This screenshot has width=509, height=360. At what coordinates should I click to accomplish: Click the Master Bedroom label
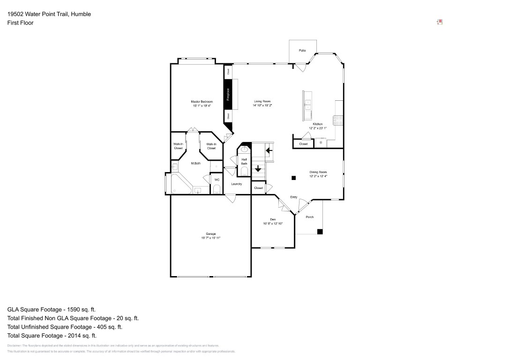pyautogui.click(x=202, y=102)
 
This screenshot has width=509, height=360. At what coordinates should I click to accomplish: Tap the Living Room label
pyautogui.click(x=262, y=102)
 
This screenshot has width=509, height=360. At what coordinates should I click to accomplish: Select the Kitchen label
pyautogui.click(x=317, y=124)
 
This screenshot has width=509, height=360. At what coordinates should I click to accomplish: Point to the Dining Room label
pyautogui.click(x=318, y=172)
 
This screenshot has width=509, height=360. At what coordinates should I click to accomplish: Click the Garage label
pyautogui.click(x=210, y=234)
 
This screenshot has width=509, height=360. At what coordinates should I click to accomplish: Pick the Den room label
pyautogui.click(x=273, y=219)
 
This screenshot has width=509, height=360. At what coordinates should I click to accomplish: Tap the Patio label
pyautogui.click(x=302, y=50)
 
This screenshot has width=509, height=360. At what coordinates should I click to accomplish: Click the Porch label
pyautogui.click(x=310, y=217)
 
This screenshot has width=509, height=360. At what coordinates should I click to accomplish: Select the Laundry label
pyautogui.click(x=237, y=184)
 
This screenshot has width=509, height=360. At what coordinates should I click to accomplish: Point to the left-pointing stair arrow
pyautogui.click(x=269, y=150)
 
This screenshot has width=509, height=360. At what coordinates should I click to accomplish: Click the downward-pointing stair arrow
pyautogui.click(x=257, y=168)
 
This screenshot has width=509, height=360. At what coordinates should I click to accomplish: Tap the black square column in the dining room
pyautogui.click(x=293, y=178)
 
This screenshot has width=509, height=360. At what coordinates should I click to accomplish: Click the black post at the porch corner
pyautogui.click(x=320, y=231)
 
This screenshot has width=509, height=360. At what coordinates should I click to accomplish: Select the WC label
pyautogui.click(x=217, y=180)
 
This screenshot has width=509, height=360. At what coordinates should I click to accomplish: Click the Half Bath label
pyautogui.click(x=244, y=161)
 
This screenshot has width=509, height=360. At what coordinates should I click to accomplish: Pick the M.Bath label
pyautogui.click(x=196, y=163)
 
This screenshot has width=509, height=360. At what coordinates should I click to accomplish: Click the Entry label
pyautogui.click(x=294, y=197)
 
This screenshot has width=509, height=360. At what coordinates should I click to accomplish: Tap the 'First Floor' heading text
pyautogui.click(x=21, y=22)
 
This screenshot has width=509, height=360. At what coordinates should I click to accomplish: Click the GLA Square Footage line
pyautogui.click(x=52, y=309)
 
